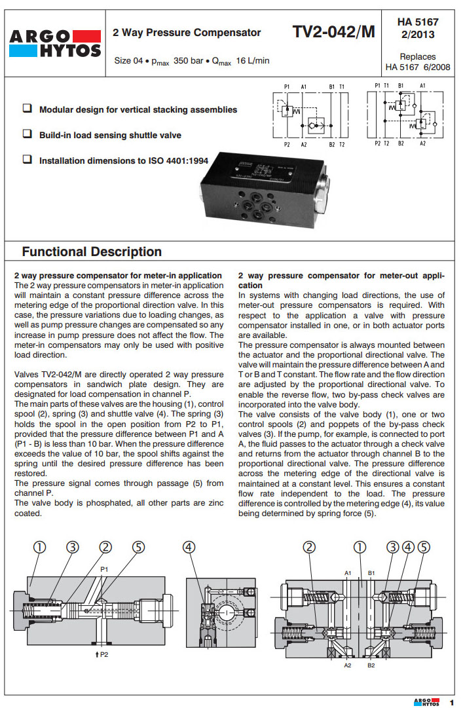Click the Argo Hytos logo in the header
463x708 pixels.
pos(55,44)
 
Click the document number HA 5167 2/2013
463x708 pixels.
pos(418,28)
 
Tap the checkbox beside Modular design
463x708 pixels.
pos(27,109)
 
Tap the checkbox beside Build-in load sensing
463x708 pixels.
pos(27,134)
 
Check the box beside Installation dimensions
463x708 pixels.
pos(27,159)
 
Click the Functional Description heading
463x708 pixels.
pos(92,252)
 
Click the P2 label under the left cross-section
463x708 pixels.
pos(102,654)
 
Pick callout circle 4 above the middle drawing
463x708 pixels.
pos(189,548)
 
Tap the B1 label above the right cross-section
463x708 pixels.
pos(371,573)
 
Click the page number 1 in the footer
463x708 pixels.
pos(451,701)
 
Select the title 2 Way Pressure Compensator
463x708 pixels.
pos(187,33)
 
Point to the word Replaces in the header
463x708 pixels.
pos(418,57)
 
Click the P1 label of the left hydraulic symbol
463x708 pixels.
pos(287,86)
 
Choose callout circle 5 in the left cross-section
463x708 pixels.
pos(138,548)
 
